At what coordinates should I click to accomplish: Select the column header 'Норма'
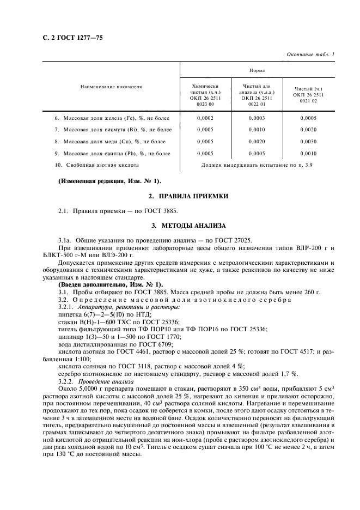(x=257, y=70)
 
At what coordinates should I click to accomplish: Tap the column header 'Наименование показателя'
(x=111, y=86)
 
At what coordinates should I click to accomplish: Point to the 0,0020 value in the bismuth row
(x=308, y=130)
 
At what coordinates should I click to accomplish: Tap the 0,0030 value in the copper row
(x=308, y=141)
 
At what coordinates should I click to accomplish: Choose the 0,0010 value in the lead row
(x=308, y=153)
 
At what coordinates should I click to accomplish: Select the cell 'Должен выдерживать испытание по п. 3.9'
(x=257, y=165)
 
